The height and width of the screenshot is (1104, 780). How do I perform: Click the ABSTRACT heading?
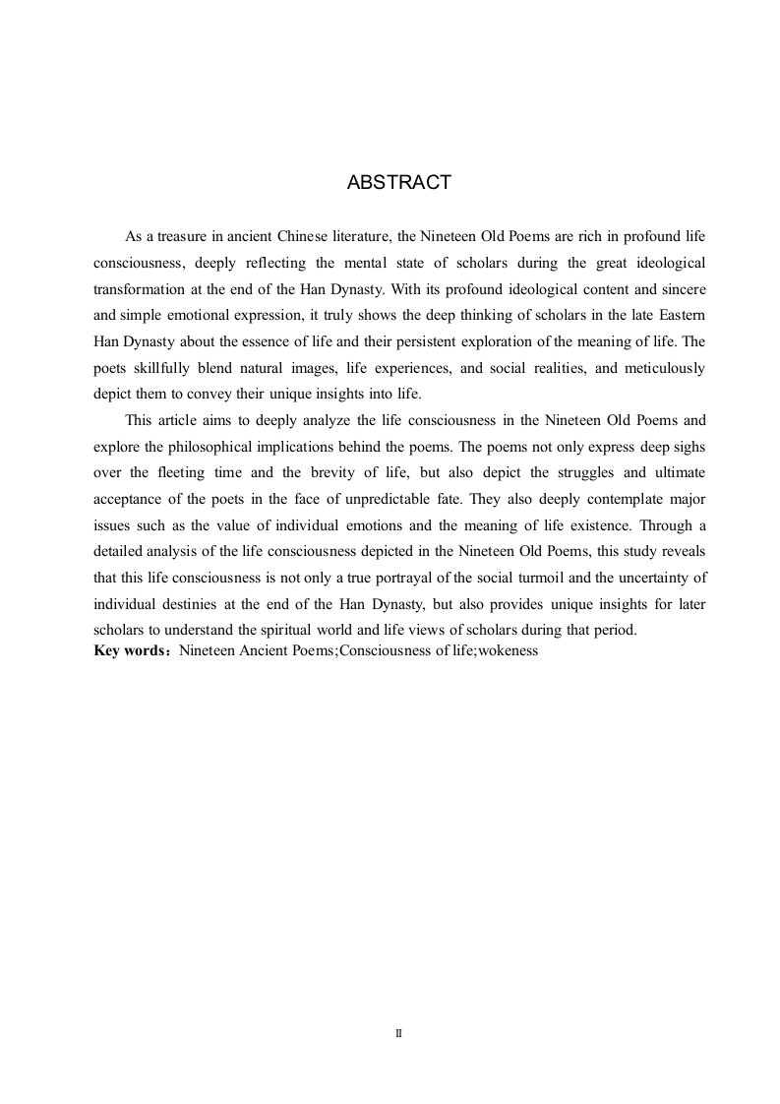tap(399, 183)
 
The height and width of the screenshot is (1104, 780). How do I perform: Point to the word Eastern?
tap(679, 316)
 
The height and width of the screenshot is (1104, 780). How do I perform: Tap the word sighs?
tap(687, 447)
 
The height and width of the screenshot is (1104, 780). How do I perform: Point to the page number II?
tap(399, 1034)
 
